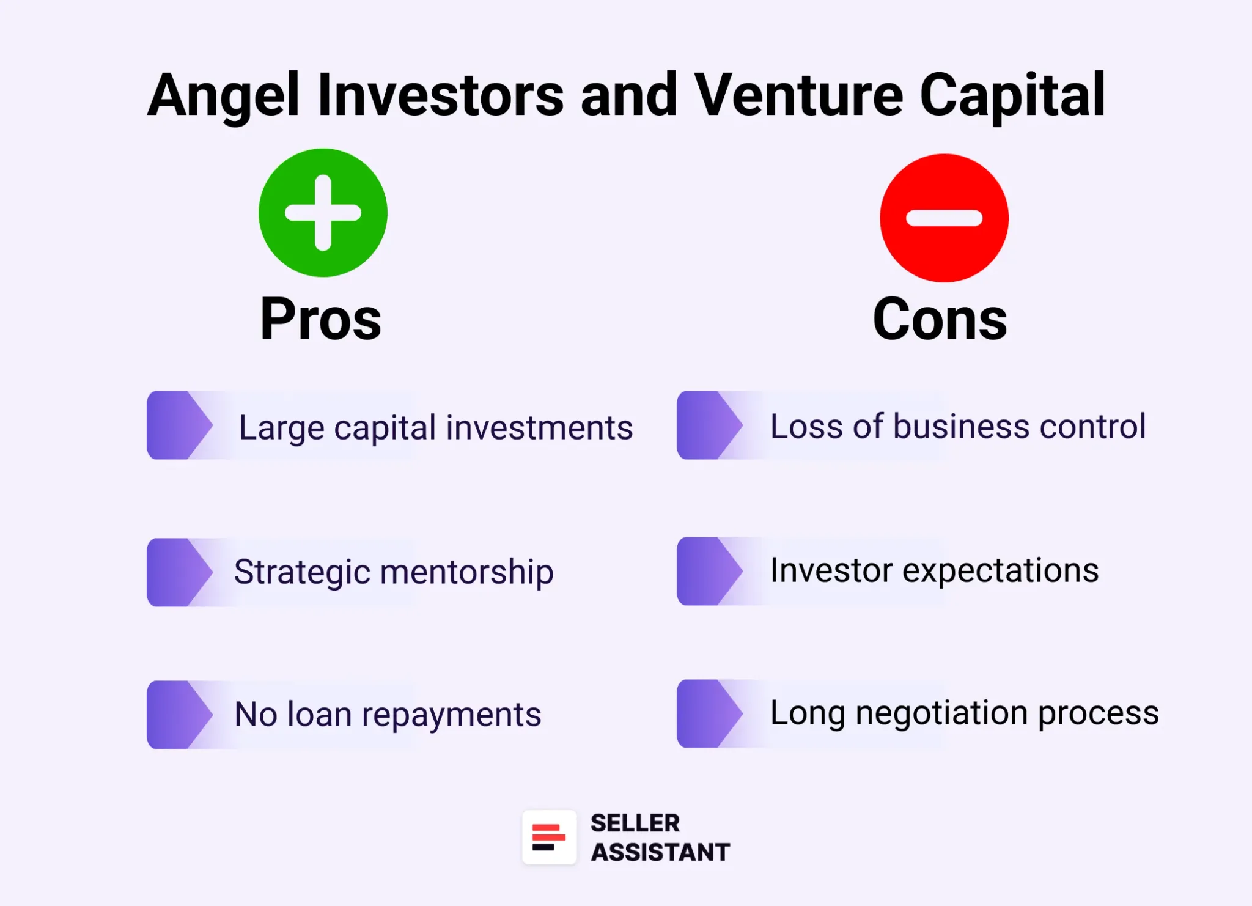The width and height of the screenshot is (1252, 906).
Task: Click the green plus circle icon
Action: pyautogui.click(x=323, y=213)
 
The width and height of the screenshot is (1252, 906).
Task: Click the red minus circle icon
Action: pyautogui.click(x=944, y=218)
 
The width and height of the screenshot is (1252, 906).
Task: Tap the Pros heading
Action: pyautogui.click(x=321, y=319)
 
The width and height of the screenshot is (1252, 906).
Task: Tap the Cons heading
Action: pyautogui.click(x=940, y=319)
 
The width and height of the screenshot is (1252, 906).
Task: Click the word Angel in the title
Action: pyautogui.click(x=224, y=95)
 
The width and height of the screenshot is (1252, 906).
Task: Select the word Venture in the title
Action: pyautogui.click(x=798, y=95)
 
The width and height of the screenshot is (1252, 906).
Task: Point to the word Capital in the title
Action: pyautogui.click(x=1012, y=95)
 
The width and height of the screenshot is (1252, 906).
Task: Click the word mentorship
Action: pyautogui.click(x=466, y=573)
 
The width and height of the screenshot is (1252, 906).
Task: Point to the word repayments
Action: pyautogui.click(x=451, y=715)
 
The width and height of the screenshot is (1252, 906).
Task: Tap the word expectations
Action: pyautogui.click(x=1000, y=572)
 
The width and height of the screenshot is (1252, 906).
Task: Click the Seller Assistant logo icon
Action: pyautogui.click(x=549, y=838)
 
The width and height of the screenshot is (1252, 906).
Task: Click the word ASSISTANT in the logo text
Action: pyautogui.click(x=660, y=852)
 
